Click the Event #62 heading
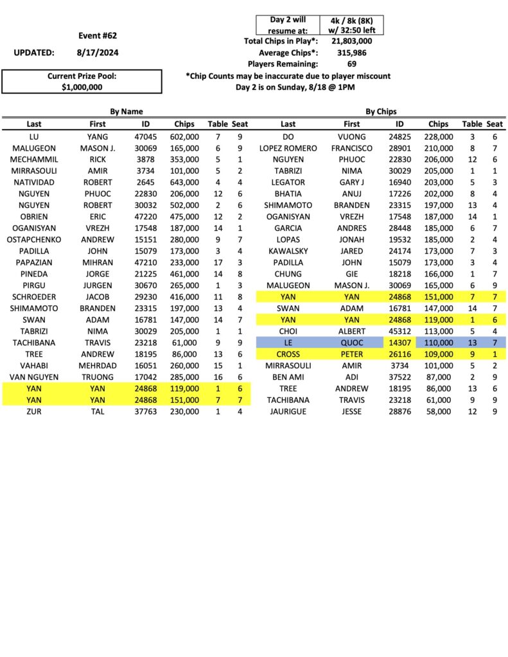(98, 36)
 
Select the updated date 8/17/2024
(97, 53)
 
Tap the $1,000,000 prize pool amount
(82, 87)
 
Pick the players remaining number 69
(351, 64)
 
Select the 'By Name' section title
(126, 112)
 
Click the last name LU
(34, 137)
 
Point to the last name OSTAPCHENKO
(34, 240)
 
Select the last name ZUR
(34, 411)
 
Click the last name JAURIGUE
(288, 411)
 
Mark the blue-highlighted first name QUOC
(351, 343)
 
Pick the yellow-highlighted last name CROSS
(288, 354)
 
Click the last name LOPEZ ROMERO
(288, 148)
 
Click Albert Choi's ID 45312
(399, 331)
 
